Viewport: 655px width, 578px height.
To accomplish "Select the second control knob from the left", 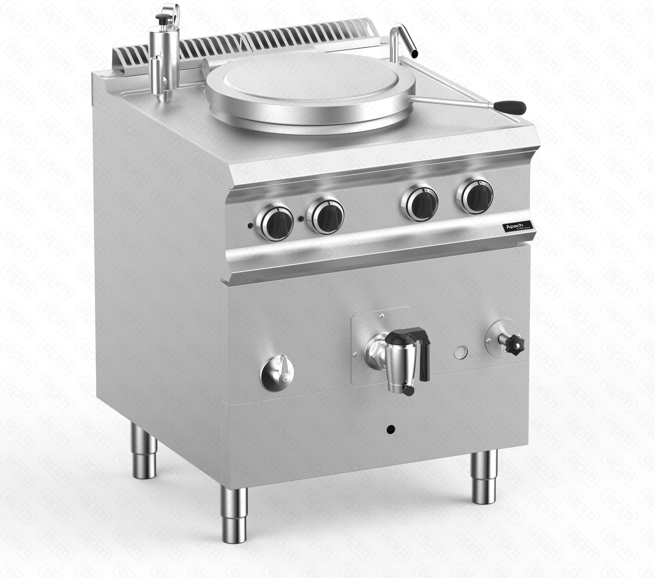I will coord(325,214).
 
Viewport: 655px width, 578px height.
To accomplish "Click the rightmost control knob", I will coord(474,193).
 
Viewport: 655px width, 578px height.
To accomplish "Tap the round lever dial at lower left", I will coord(277,372).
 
